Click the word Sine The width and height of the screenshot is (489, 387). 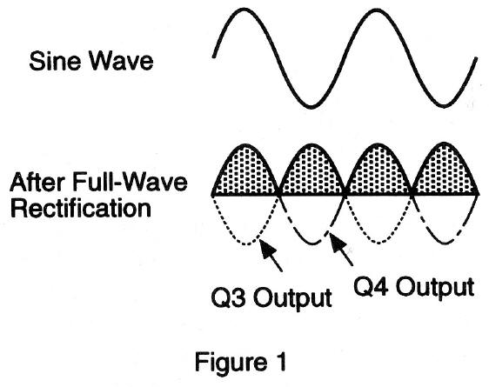tap(55, 61)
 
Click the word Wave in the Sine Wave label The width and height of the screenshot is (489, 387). tap(122, 61)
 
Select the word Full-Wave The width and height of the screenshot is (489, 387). tap(130, 182)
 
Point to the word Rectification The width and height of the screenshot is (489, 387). tap(81, 208)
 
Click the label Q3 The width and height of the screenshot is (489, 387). tap(228, 297)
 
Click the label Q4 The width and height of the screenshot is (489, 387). tap(371, 286)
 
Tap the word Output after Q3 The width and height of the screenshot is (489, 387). tap(291, 299)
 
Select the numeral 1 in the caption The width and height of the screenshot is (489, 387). tap(281, 362)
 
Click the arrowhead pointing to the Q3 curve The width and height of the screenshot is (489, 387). tap(268, 249)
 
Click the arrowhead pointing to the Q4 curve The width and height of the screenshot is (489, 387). tap(338, 242)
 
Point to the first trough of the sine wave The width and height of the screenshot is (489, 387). tap(311, 107)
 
